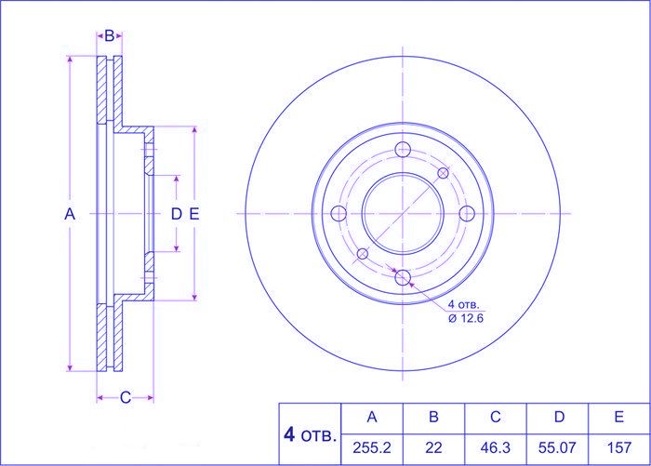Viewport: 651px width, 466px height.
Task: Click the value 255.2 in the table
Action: coord(372,447)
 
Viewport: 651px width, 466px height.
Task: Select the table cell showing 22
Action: coord(433,447)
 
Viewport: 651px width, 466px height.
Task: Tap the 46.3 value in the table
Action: coord(495,447)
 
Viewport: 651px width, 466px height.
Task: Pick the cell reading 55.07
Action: coord(557,447)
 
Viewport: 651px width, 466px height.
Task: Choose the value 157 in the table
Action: coord(619,447)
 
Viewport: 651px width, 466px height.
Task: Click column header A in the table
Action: coord(372,417)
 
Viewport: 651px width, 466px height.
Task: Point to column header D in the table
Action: coord(559,417)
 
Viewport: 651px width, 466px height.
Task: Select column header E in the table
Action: coord(618,417)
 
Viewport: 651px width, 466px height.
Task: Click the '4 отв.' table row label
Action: coord(310,435)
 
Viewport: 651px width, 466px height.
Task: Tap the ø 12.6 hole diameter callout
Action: coord(466,318)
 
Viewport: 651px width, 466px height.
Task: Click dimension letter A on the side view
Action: coord(70,214)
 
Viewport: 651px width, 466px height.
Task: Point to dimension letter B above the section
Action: coord(109,36)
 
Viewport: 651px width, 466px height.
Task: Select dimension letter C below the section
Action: coord(126,397)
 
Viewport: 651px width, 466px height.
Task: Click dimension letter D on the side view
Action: coord(177,214)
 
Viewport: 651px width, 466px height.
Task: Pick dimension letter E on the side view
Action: coord(194,214)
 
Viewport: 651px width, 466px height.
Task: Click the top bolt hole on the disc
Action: coord(403,149)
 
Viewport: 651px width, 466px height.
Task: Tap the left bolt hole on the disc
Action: coord(339,214)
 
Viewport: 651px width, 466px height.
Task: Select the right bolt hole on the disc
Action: coord(467,214)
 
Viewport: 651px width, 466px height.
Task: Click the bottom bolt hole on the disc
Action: coord(403,277)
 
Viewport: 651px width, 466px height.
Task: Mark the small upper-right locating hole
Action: coord(443,173)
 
